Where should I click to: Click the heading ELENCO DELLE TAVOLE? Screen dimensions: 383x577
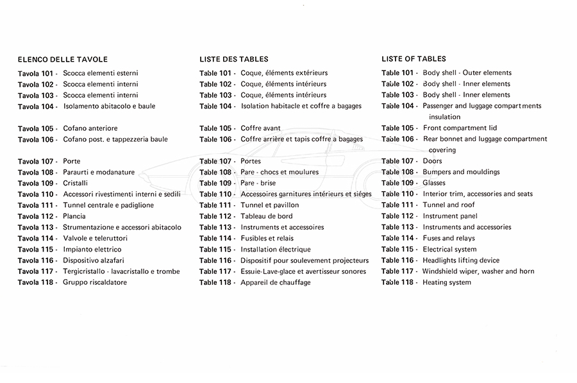click(x=62, y=59)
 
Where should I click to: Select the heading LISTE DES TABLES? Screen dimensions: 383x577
click(x=233, y=59)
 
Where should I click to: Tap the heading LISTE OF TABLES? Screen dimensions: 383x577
click(x=414, y=59)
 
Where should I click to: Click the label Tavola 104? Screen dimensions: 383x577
click(x=36, y=106)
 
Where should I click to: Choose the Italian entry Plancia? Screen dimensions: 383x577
click(x=74, y=216)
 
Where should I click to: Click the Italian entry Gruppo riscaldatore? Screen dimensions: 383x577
click(x=95, y=282)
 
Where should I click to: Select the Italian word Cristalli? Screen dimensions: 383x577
click(x=76, y=183)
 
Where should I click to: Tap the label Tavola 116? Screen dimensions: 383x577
click(x=36, y=260)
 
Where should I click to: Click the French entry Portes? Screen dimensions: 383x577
click(x=251, y=161)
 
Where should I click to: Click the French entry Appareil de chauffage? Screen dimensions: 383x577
click(x=276, y=282)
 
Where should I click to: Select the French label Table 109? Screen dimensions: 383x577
click(x=215, y=183)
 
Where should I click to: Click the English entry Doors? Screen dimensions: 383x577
click(x=433, y=161)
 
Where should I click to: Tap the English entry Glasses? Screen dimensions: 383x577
click(x=434, y=183)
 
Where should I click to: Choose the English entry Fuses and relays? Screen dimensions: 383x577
click(x=449, y=238)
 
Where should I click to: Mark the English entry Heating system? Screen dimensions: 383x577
click(x=447, y=282)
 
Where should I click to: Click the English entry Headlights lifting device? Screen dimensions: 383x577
click(x=461, y=260)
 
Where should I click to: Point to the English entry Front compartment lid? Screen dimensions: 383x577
click(x=460, y=128)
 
